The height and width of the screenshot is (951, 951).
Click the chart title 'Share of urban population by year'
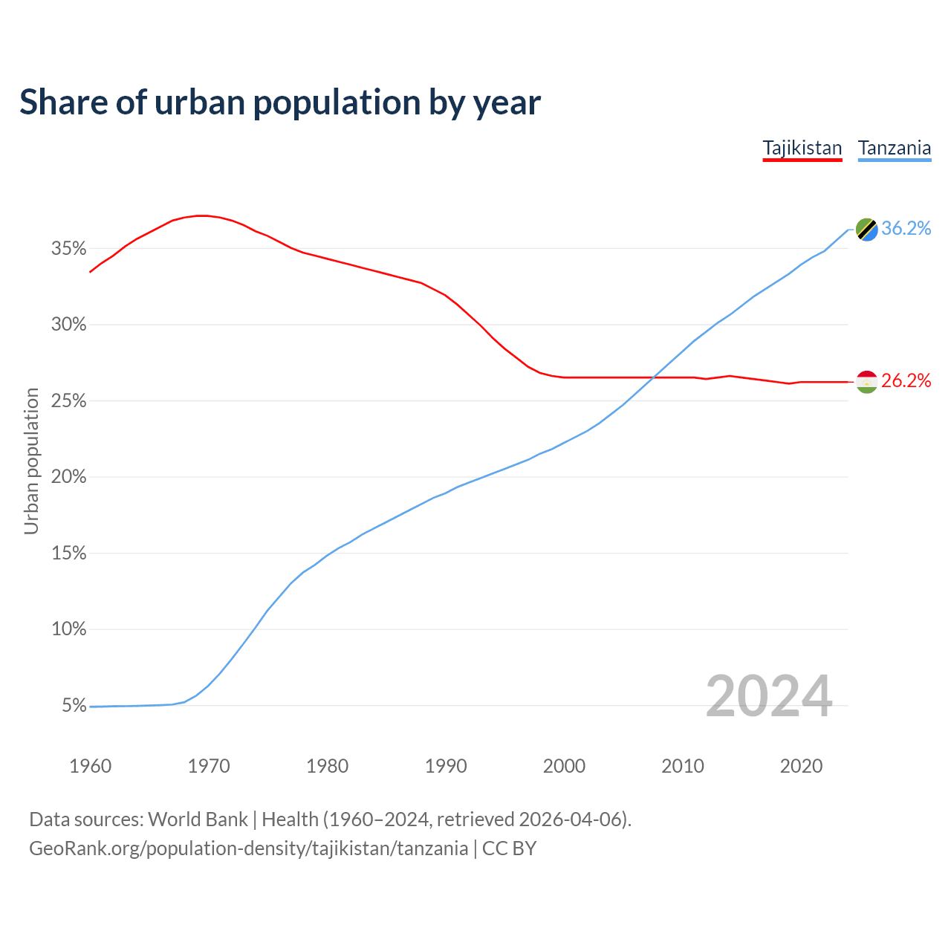(280, 103)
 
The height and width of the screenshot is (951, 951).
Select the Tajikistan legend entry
(802, 148)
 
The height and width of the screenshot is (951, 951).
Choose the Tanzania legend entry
(895, 148)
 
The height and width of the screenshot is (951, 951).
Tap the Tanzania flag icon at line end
(867, 230)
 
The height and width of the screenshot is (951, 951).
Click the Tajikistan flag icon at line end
(867, 382)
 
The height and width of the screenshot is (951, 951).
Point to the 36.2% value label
(906, 229)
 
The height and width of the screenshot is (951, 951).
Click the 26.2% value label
(906, 381)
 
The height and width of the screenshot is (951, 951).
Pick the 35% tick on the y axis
(68, 249)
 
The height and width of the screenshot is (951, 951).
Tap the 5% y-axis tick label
(74, 706)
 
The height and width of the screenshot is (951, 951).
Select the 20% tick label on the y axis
(68, 477)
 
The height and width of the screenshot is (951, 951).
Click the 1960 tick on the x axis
(90, 766)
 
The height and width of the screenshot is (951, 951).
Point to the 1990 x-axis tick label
(446, 766)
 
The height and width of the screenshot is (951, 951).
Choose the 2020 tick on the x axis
(801, 766)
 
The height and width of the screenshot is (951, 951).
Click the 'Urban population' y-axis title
(31, 461)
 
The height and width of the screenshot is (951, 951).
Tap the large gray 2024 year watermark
(769, 696)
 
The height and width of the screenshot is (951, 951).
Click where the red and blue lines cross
(654, 377)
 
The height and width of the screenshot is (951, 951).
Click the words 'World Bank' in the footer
(198, 819)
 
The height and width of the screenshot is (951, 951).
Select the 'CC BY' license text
(510, 848)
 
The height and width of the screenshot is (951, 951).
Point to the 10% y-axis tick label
(68, 629)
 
